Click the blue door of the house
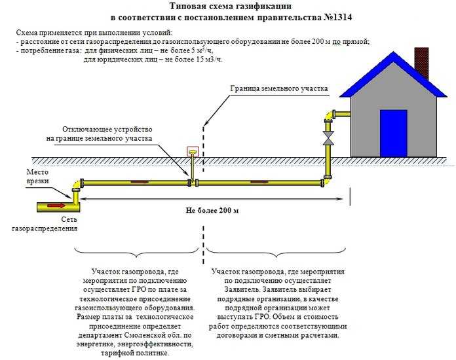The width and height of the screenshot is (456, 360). (393, 133)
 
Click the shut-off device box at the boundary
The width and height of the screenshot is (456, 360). (193, 153)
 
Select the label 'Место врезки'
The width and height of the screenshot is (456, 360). (20, 176)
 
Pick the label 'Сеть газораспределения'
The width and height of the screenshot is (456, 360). (45, 225)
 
